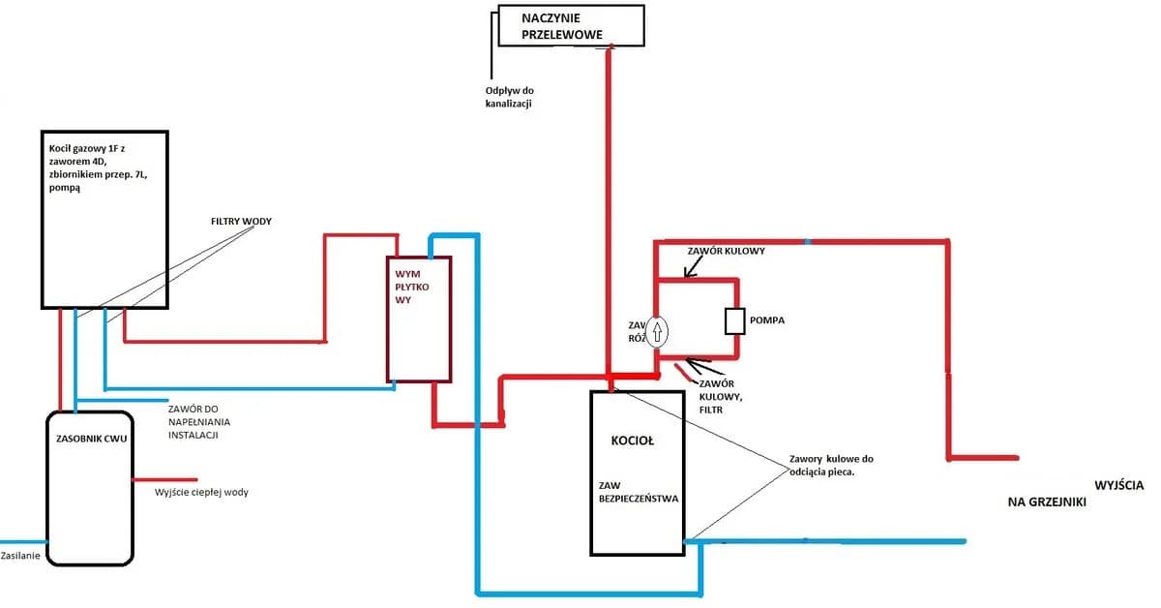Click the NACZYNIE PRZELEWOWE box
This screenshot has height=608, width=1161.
571,26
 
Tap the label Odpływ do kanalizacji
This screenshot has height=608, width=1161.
510,98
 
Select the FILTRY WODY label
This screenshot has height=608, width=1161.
241,222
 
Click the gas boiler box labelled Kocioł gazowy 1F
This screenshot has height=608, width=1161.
104,218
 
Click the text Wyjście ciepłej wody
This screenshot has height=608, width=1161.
208,492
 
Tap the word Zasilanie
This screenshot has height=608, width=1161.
21,556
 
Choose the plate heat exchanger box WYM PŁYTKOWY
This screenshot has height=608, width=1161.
419,319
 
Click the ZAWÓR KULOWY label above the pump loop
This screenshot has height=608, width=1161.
726,252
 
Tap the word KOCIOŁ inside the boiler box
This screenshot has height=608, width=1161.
633,441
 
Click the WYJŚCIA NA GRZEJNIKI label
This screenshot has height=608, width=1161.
1074,493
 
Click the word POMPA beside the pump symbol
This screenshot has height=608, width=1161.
767,319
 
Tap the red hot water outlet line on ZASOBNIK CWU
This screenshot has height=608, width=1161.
165,478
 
